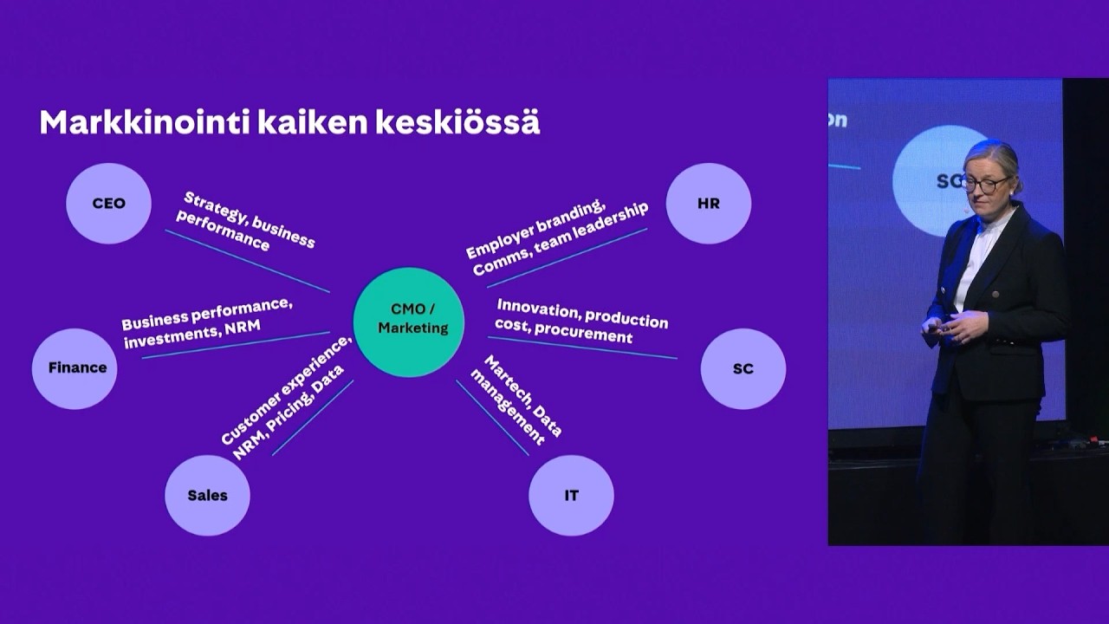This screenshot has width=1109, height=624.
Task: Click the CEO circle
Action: coord(109,204)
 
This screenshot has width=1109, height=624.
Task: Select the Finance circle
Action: coord(75,367)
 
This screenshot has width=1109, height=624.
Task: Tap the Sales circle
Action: coord(208,495)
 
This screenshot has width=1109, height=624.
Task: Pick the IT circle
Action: coord(571,496)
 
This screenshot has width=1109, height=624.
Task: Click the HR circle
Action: coord(708,204)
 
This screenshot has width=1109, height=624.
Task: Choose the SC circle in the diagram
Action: coord(743,368)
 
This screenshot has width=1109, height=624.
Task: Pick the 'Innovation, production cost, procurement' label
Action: coord(580,321)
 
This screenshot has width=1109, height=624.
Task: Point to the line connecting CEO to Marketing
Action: coord(247,260)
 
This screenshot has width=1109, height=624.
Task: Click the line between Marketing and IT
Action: coord(492,418)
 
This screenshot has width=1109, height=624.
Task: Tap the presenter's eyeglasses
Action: coord(986,184)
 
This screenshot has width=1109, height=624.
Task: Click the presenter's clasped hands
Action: coord(949,328)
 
